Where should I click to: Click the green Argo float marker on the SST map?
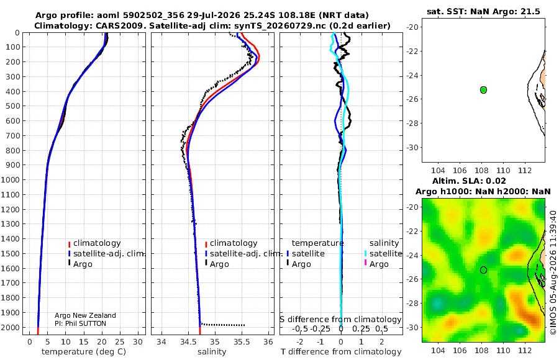483,90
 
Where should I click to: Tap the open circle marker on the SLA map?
483,270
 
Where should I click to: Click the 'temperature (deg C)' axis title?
84,352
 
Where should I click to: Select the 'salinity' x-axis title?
212,352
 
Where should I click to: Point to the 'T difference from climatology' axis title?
341,352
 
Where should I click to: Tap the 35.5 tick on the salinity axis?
242,342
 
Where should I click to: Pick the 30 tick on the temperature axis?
138,342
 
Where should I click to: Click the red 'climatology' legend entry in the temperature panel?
94,243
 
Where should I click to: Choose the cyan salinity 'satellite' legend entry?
383,254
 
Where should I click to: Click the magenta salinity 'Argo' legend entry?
376,264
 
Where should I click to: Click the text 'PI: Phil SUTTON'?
80,323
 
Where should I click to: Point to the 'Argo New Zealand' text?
85,315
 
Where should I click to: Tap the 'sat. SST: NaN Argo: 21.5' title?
483,11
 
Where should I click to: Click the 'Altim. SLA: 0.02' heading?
469,181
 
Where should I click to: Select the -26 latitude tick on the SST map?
412,99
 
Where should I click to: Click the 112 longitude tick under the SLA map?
525,351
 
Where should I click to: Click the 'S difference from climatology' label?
341,320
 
